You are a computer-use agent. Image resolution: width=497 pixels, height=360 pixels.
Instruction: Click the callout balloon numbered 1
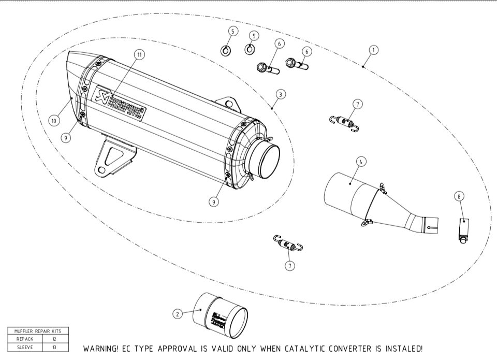[373, 50]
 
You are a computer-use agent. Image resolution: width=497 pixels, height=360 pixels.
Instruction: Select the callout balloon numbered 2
[178, 314]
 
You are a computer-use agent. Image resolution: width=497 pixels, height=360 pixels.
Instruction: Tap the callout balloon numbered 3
[280, 94]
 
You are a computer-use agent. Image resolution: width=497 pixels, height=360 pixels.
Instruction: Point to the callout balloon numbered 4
[360, 161]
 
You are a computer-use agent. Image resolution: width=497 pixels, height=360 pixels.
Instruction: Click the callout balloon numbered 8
[459, 196]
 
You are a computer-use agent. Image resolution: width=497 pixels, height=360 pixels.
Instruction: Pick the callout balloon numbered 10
[54, 120]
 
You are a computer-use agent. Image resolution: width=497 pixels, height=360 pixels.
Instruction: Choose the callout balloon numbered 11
[138, 54]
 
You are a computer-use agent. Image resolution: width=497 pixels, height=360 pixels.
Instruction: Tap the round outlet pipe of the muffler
[265, 161]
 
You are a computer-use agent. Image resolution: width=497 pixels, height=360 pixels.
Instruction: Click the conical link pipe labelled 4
[373, 202]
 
